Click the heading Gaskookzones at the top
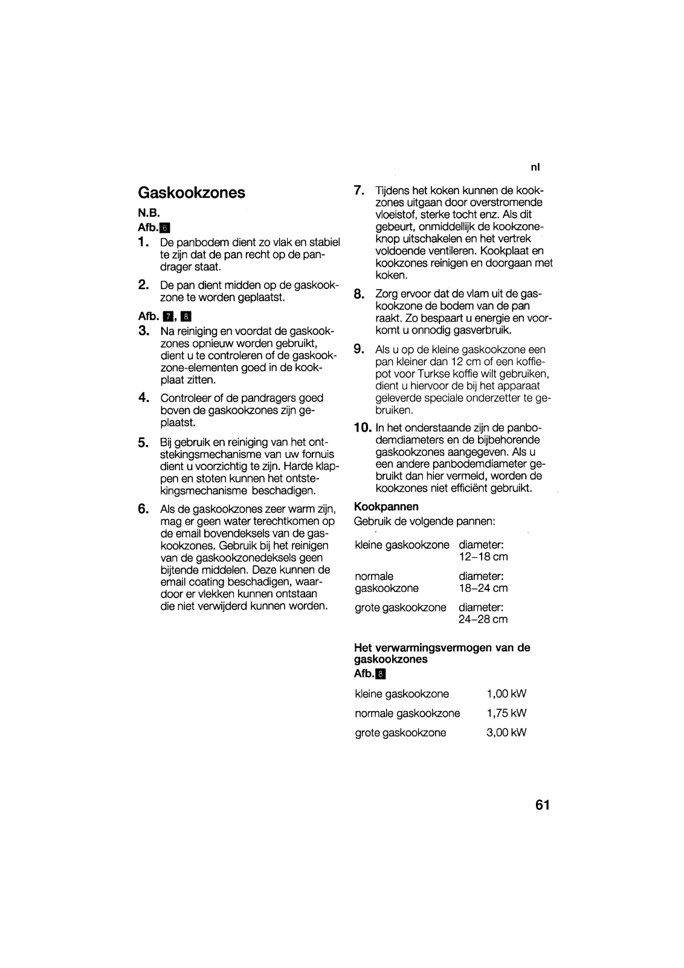[x=192, y=193]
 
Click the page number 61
[x=542, y=805]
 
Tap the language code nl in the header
[x=535, y=168]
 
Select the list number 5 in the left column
[x=143, y=443]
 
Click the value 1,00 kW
[x=506, y=694]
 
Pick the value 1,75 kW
[x=506, y=713]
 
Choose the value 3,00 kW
[x=506, y=732]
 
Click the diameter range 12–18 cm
[x=483, y=557]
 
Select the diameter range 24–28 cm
[x=483, y=619]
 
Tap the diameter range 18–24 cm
[x=483, y=588]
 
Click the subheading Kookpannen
[x=386, y=506]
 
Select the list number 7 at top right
[x=358, y=190]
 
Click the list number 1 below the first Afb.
[x=143, y=242]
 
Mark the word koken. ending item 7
[x=392, y=275]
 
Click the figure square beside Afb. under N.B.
[x=166, y=228]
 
